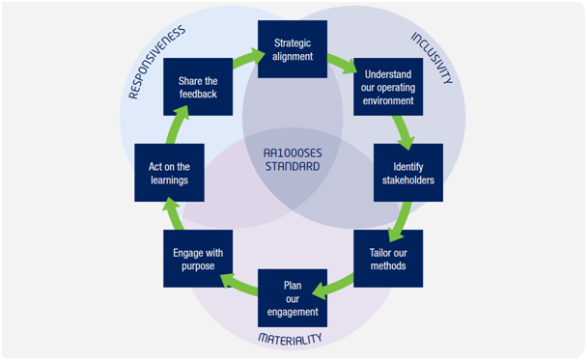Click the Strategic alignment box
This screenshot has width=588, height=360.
tap(293, 49)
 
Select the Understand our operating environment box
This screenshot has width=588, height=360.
tap(388, 87)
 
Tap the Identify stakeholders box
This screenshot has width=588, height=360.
tap(407, 173)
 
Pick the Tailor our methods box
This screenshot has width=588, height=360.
tap(388, 259)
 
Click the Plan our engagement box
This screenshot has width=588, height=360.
tap(293, 297)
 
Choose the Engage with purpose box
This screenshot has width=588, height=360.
tap(197, 259)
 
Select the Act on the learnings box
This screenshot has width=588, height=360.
tap(169, 173)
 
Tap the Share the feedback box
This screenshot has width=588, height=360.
tap(197, 87)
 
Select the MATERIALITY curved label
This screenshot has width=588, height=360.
tap(293, 339)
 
